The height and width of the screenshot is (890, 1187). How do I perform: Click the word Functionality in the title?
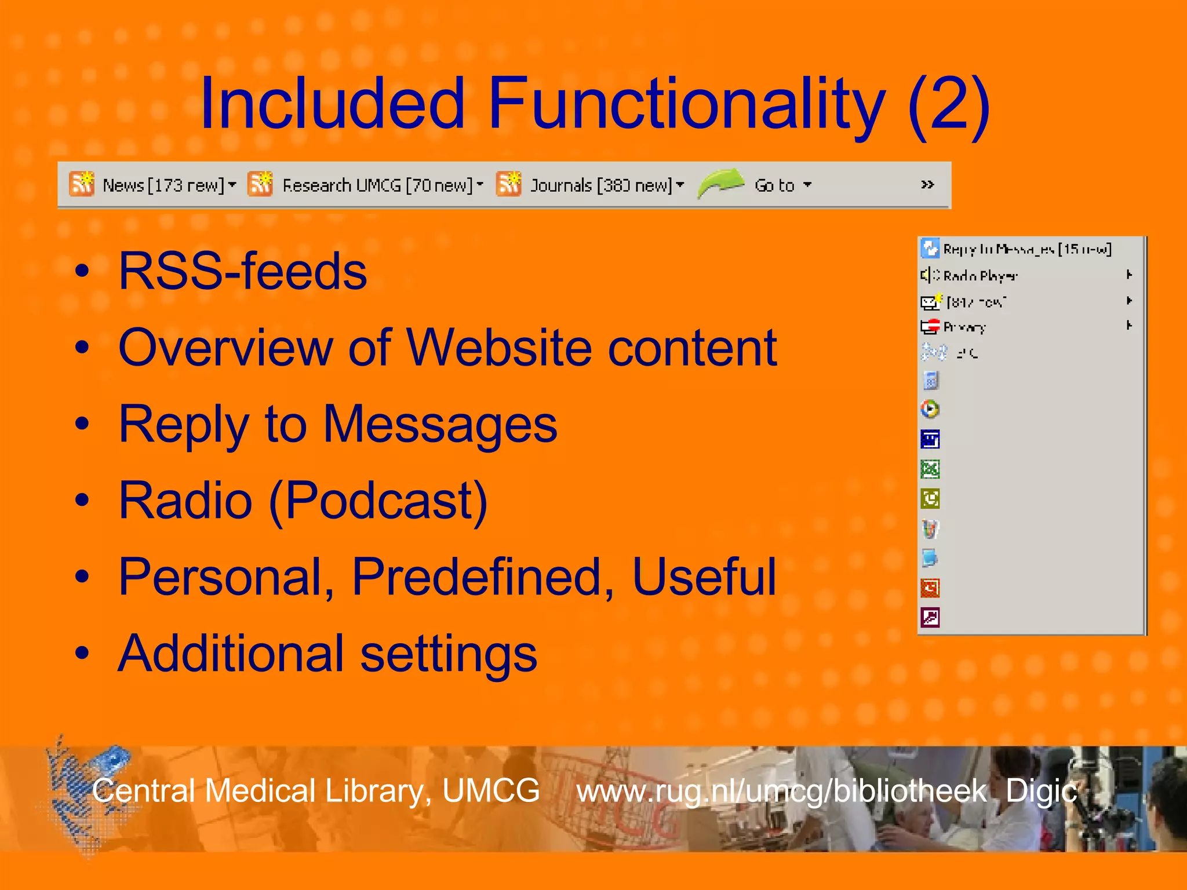(x=687, y=104)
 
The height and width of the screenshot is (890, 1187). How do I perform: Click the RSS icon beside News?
(x=82, y=184)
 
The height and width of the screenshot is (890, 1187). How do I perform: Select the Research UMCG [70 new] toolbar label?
(x=377, y=185)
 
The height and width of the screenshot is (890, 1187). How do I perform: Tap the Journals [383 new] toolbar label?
(x=601, y=185)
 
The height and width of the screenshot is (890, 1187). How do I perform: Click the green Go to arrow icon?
(x=720, y=183)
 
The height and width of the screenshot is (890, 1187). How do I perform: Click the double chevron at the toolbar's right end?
(x=927, y=184)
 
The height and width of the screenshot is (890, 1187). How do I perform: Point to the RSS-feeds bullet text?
(x=242, y=271)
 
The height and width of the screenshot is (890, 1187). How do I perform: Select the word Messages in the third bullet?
(x=440, y=424)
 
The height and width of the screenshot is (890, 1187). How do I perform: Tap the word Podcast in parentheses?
(x=385, y=500)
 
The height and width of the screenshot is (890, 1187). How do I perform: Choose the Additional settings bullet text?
(x=327, y=654)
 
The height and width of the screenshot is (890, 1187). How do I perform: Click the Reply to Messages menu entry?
(x=1026, y=249)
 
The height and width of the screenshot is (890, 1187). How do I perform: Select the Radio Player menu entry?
(x=980, y=276)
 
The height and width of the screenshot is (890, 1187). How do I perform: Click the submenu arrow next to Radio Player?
(x=1129, y=275)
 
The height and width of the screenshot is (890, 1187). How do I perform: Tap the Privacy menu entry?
(x=964, y=327)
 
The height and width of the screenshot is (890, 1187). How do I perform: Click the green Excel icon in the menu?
(x=930, y=469)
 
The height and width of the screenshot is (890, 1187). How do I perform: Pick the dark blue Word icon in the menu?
(x=930, y=439)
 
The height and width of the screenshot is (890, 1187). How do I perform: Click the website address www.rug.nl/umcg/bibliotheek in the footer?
(x=781, y=791)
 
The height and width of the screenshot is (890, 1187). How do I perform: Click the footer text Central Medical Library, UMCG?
(x=316, y=791)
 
